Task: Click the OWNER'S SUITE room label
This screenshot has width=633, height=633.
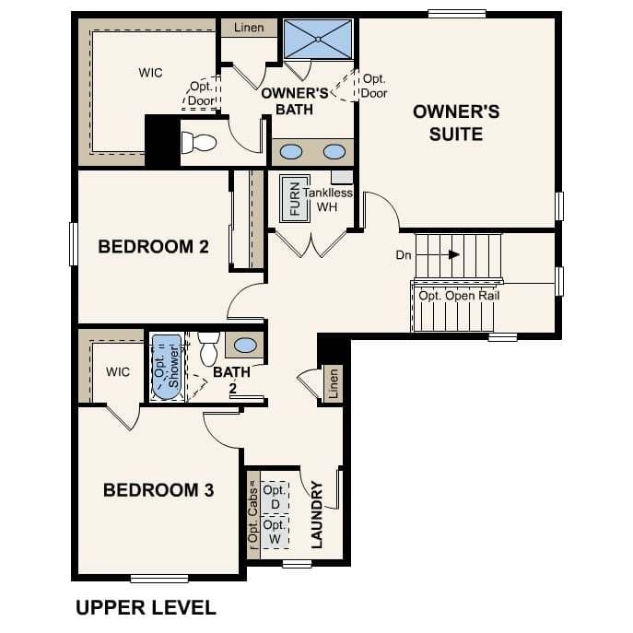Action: point(456,123)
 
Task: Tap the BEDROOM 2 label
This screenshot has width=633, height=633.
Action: point(153,247)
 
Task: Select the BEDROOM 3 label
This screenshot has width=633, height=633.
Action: point(158,490)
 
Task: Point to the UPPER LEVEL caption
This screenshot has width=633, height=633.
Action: point(145,608)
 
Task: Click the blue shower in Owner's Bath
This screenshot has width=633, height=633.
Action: point(318,39)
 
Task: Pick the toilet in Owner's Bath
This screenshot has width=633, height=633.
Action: point(198,143)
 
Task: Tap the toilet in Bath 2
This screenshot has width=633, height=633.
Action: point(207,347)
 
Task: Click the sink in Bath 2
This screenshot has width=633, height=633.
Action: point(245,346)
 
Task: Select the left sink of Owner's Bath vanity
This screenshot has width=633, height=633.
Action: point(291,152)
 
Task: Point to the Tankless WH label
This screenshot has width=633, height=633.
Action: point(328,200)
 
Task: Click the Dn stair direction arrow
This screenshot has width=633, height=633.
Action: point(454,255)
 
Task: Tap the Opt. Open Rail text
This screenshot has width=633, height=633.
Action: point(459,296)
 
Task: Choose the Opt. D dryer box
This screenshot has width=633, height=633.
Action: point(273,498)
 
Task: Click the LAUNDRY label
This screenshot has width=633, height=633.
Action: point(317,514)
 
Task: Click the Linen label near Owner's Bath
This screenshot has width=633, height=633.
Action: point(248,28)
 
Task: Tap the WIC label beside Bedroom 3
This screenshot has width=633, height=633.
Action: point(118,372)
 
